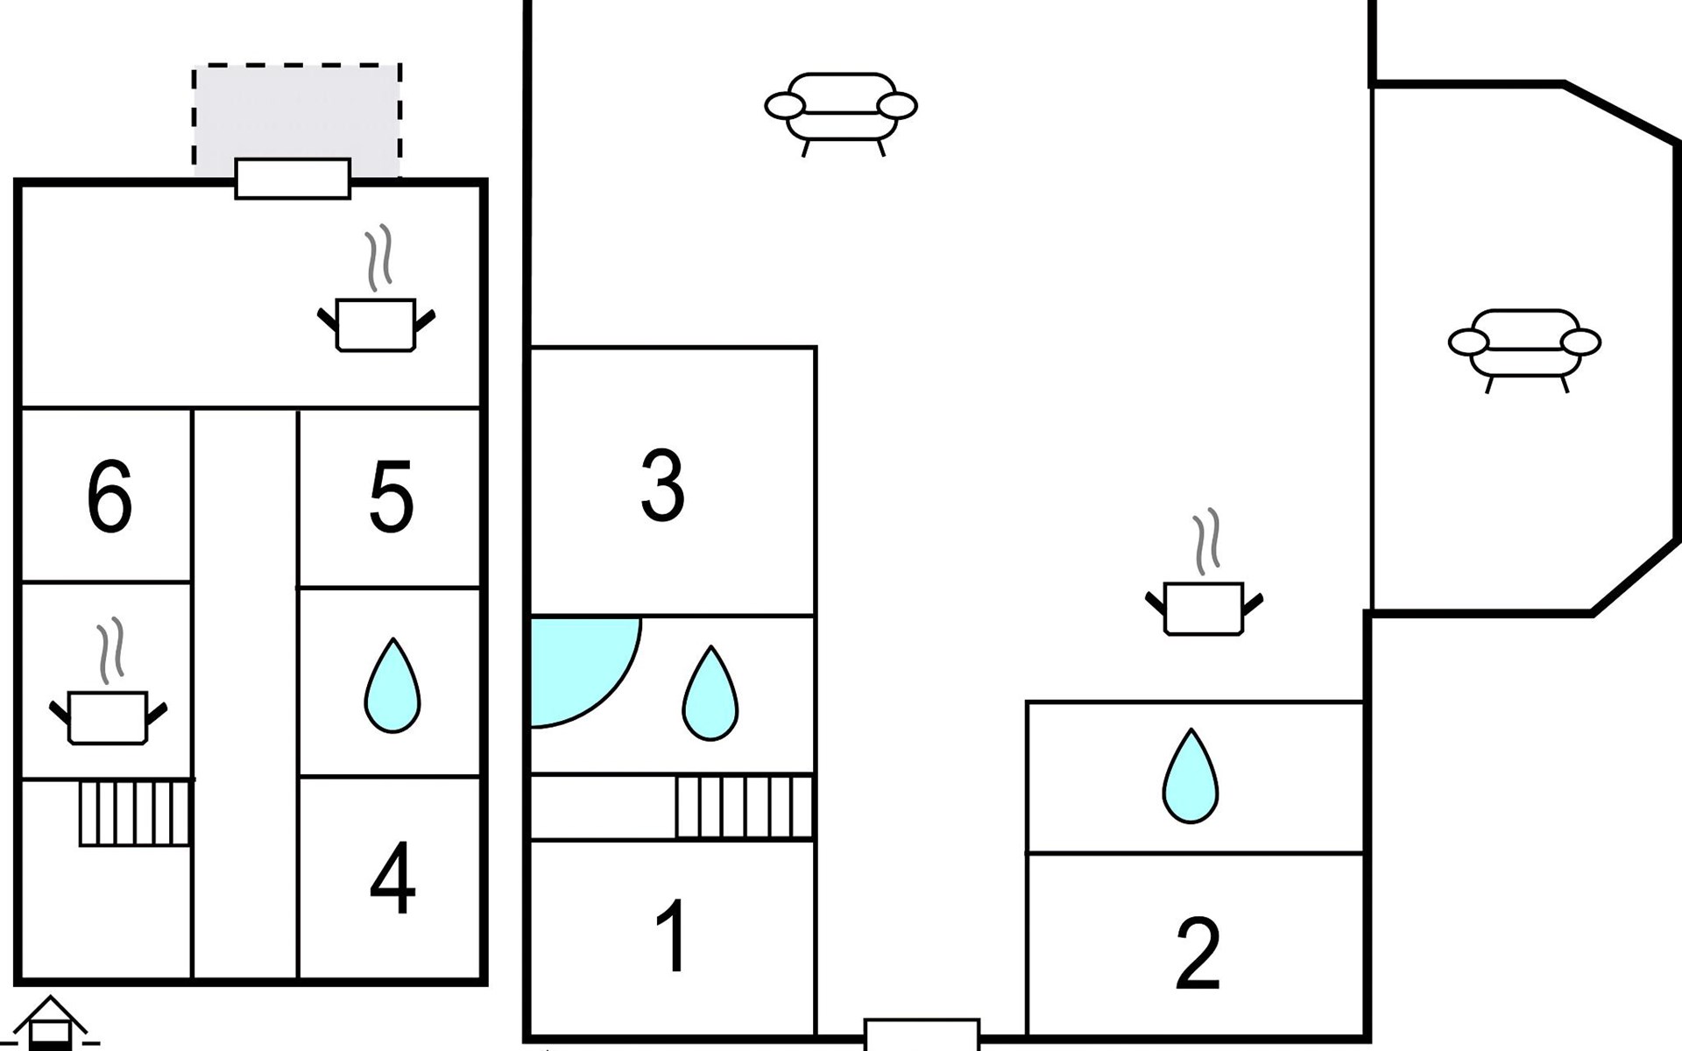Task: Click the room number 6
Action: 110,497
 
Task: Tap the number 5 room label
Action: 391,497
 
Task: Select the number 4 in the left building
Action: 392,878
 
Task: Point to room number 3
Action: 662,485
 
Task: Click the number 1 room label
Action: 672,936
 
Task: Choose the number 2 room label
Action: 1197,953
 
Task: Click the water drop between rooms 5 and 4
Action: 392,686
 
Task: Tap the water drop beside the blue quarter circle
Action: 710,694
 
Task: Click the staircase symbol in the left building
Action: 135,814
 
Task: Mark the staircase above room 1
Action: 744,806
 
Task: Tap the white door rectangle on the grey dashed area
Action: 293,179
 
